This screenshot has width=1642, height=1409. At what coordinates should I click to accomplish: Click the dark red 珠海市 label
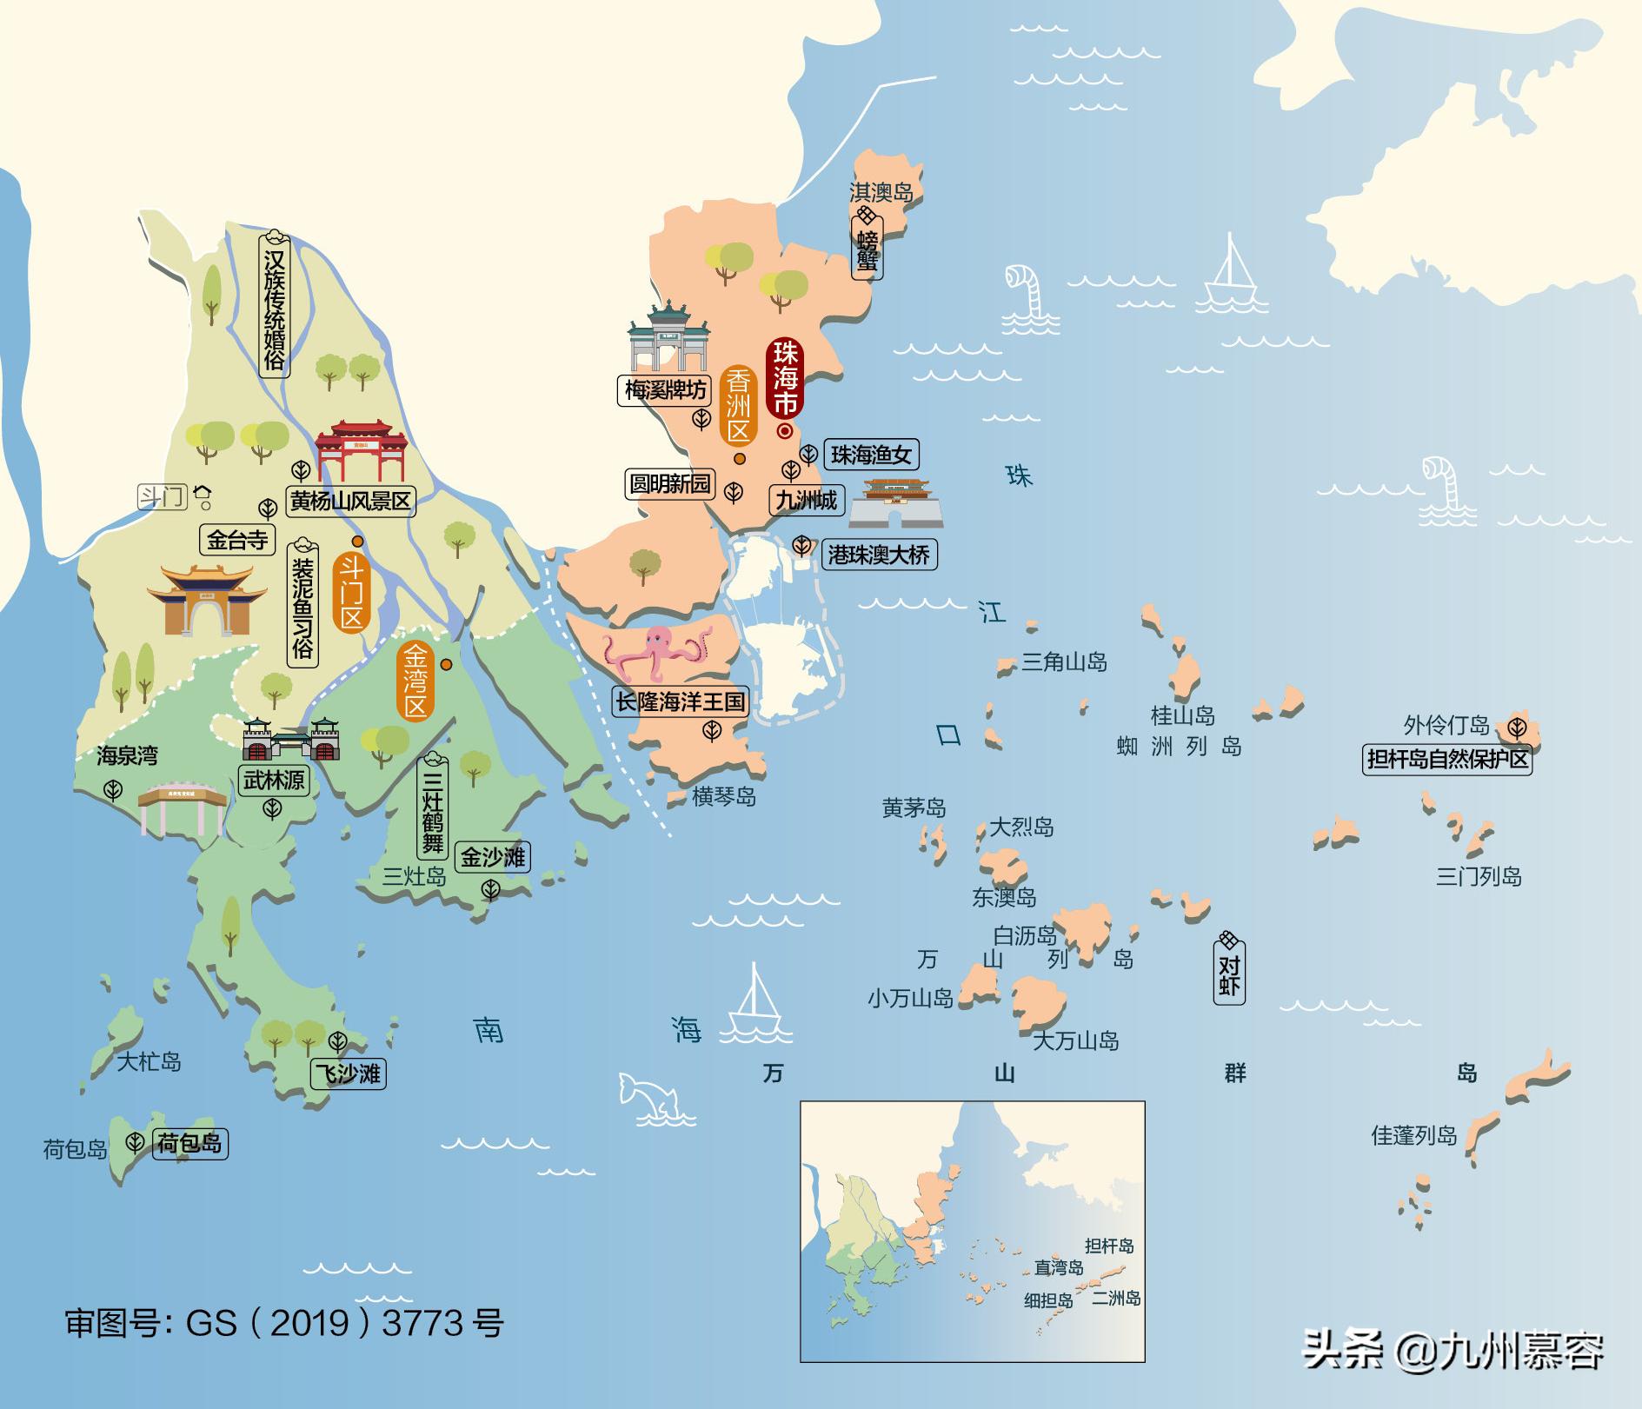pos(786,378)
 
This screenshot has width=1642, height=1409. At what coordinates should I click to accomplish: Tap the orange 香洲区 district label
pos(738,406)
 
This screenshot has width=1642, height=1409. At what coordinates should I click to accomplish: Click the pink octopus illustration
pos(657,652)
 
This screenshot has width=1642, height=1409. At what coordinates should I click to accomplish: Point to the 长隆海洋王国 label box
pos(681,701)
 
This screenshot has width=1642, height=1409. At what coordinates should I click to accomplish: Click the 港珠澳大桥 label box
pos(879,554)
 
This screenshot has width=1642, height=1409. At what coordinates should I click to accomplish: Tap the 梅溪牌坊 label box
pos(666,389)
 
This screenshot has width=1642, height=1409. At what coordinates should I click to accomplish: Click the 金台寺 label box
pos(236,540)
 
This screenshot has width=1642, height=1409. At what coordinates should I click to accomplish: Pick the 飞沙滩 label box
pos(348,1073)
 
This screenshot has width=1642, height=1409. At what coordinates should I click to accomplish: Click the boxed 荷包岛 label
pos(189,1143)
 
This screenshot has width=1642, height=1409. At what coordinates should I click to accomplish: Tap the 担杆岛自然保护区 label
pos(1446,760)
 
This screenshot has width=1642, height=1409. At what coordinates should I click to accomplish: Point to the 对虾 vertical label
pos(1229,975)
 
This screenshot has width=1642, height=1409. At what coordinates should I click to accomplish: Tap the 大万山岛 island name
pos(1075,1040)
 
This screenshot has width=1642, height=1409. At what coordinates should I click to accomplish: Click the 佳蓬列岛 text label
pos(1413,1135)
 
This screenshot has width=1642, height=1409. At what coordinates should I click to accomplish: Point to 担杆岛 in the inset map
pos(1109,1246)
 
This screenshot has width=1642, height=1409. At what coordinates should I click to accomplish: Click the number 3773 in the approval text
pos(422,1324)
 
